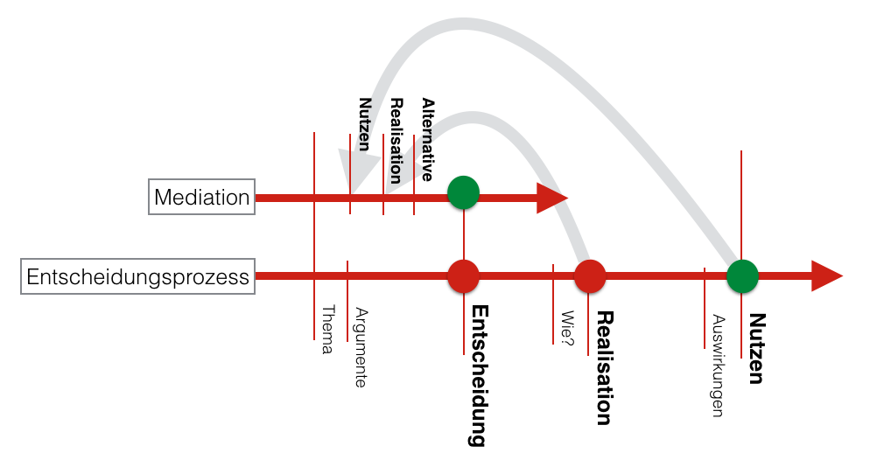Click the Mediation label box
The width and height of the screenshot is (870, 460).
(x=201, y=197)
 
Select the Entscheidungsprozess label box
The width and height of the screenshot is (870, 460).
(x=137, y=276)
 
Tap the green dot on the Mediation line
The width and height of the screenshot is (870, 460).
(x=463, y=192)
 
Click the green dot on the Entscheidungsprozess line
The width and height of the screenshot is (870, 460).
(x=742, y=276)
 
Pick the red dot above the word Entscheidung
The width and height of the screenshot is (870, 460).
(x=463, y=276)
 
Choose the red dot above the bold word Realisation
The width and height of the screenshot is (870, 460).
(x=590, y=276)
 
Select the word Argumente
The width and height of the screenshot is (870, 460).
(x=361, y=347)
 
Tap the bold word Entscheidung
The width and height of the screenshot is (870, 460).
(x=479, y=376)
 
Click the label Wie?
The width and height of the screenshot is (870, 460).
(x=567, y=328)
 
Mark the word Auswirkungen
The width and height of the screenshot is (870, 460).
(x=719, y=366)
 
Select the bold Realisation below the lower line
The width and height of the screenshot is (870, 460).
(x=604, y=368)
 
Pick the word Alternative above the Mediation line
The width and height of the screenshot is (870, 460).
(x=427, y=140)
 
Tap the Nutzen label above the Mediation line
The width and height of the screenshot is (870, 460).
(x=364, y=125)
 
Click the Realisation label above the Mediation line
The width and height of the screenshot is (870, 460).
(x=396, y=141)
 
